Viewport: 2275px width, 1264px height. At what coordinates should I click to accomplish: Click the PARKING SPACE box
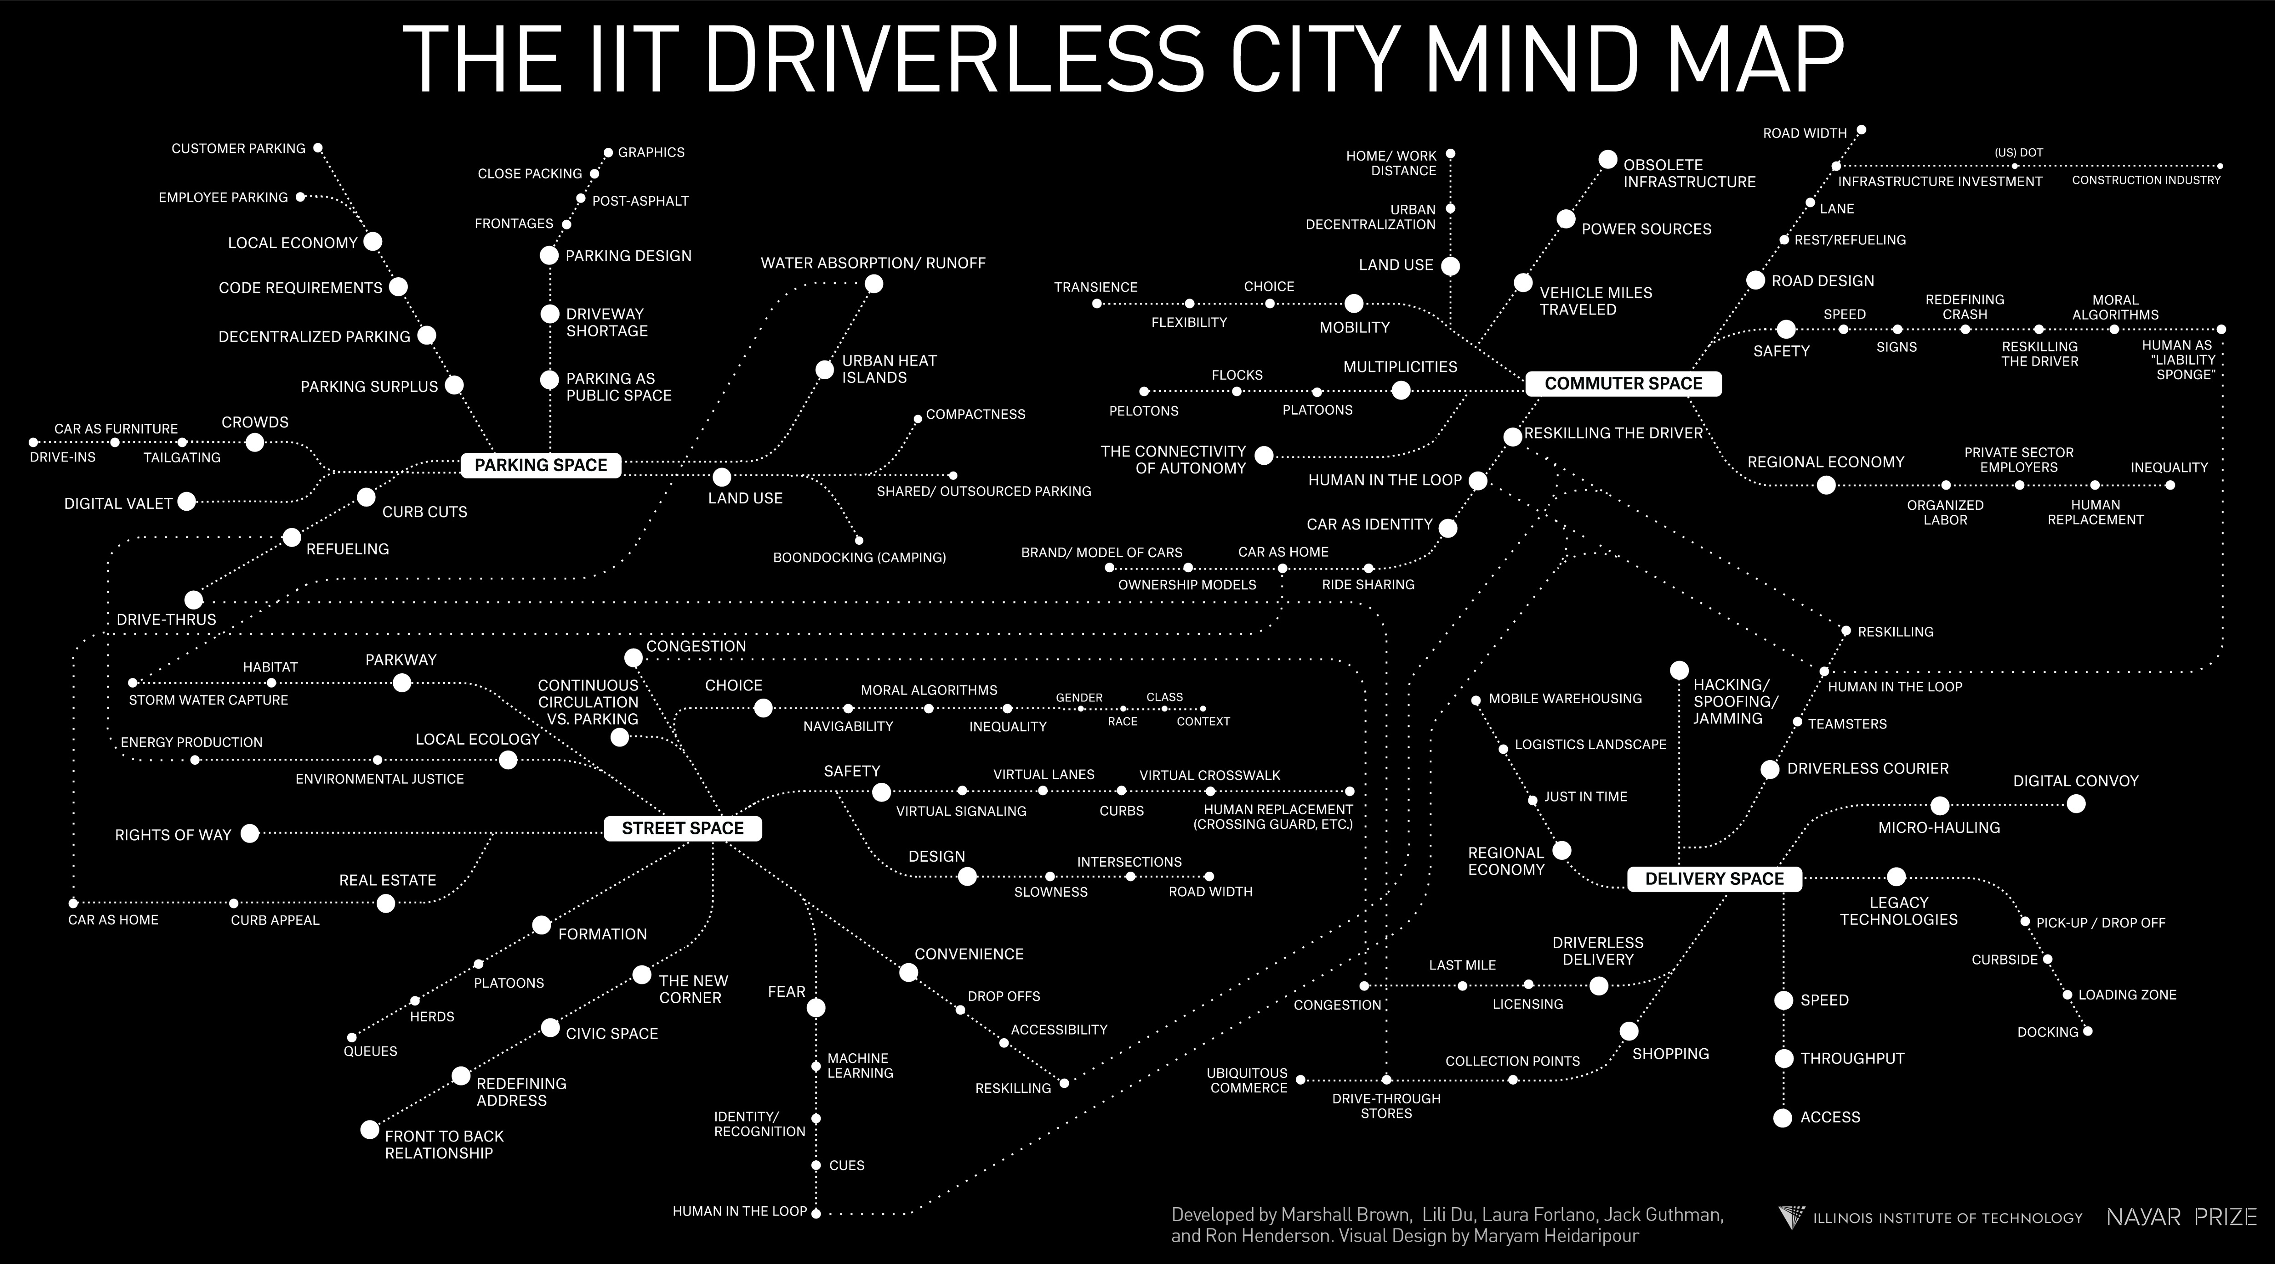tap(541, 466)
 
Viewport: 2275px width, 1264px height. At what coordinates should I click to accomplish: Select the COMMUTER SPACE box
tap(1623, 383)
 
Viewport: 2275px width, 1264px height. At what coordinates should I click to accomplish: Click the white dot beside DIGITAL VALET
tap(187, 502)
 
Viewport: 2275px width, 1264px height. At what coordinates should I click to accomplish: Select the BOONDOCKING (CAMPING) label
tap(859, 558)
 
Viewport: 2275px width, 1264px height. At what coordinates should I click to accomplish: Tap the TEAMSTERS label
tap(1847, 723)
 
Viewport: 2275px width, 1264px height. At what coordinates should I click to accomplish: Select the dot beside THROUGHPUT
tap(1784, 1058)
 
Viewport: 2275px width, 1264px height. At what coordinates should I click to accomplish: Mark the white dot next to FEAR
tap(816, 1007)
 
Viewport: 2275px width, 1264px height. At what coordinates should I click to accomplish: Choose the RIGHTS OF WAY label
tap(173, 835)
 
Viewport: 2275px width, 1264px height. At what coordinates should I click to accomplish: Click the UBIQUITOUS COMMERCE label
tap(1248, 1080)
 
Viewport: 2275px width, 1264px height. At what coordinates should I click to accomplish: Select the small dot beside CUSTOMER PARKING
tap(318, 147)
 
